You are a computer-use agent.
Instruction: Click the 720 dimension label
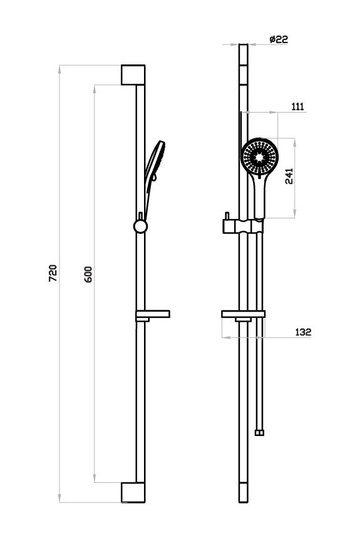click(x=52, y=273)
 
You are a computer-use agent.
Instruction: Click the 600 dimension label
click(x=88, y=274)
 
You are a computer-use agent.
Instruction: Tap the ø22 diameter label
click(x=279, y=39)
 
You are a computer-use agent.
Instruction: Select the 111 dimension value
click(x=298, y=107)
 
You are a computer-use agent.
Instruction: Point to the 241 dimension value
click(x=289, y=176)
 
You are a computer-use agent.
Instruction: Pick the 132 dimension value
click(x=303, y=332)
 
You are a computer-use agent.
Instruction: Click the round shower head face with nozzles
click(x=259, y=157)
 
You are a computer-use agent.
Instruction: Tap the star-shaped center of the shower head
click(x=259, y=157)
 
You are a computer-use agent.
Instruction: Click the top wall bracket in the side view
click(x=133, y=74)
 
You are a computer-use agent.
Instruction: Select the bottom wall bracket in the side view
click(x=133, y=492)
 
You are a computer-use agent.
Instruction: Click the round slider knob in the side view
click(x=140, y=226)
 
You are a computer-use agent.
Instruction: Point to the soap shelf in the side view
click(x=153, y=314)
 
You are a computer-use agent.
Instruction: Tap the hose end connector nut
click(x=260, y=433)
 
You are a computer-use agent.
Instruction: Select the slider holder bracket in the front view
click(x=243, y=226)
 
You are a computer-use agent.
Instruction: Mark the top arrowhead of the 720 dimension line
click(x=59, y=69)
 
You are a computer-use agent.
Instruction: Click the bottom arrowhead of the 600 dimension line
click(x=95, y=479)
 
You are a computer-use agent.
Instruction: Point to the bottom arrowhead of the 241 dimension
click(x=295, y=214)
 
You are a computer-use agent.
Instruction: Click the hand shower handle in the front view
click(x=259, y=196)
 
